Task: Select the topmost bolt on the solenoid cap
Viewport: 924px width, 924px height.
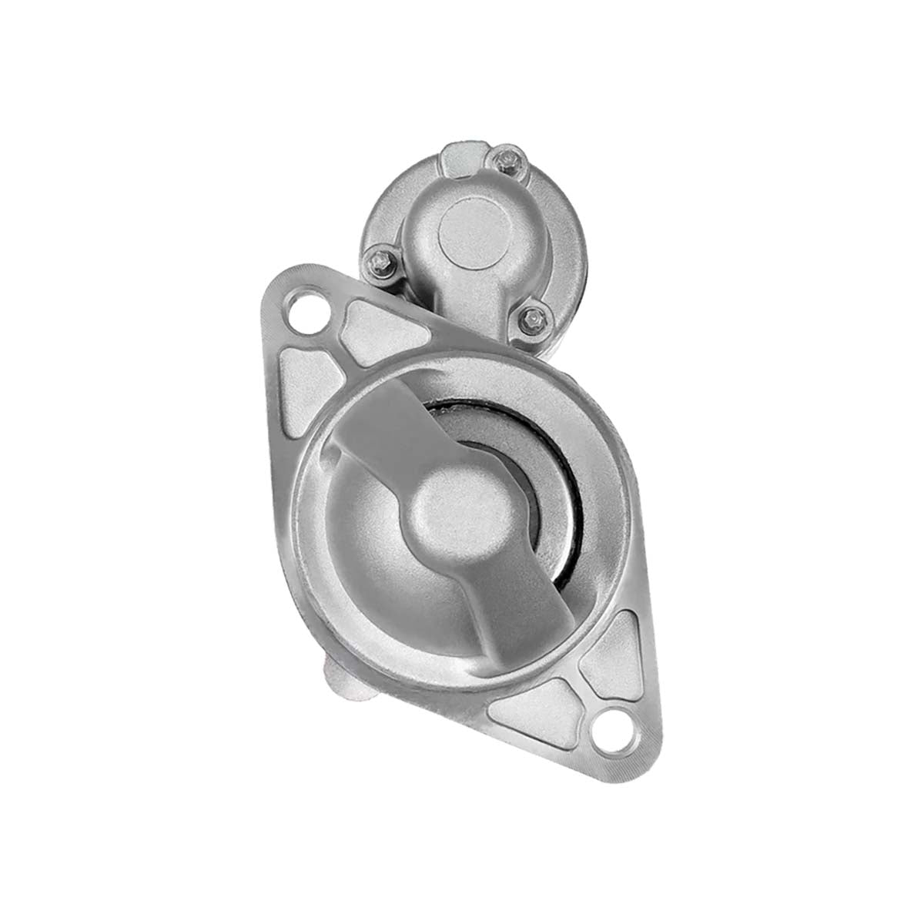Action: [x=507, y=161]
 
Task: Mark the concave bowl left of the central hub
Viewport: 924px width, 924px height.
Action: [x=362, y=539]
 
